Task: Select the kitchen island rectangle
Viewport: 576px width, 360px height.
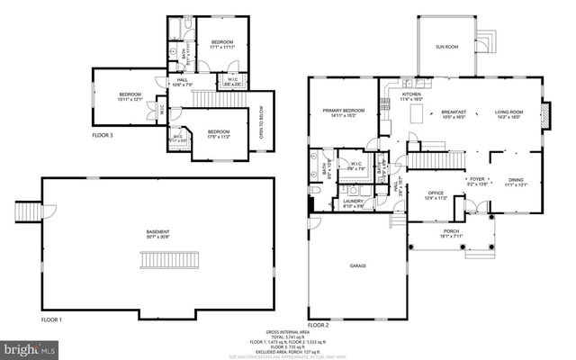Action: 417,113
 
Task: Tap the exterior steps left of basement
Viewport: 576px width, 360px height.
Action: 26,212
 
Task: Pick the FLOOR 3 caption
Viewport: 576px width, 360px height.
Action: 103,135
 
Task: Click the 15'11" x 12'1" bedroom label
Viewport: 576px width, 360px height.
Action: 132,96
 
